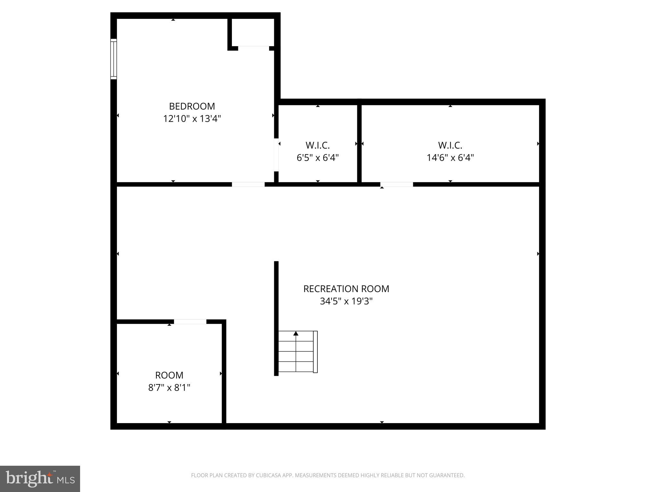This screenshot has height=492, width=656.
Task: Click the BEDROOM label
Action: tap(192, 106)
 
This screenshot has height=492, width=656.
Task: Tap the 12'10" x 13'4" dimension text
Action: tap(192, 119)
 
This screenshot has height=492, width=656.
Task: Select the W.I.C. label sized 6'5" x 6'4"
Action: tap(317, 145)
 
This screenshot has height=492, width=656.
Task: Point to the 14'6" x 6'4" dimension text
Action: tap(450, 158)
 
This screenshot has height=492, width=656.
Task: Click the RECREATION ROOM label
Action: tap(346, 289)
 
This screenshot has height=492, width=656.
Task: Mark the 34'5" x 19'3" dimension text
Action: tap(346, 301)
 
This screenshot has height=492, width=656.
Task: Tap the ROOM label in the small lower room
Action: tap(169, 375)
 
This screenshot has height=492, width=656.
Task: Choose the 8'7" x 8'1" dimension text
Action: tap(169, 388)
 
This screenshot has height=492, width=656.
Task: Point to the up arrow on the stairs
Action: tap(296, 334)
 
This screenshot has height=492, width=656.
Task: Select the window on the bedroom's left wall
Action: tap(113, 59)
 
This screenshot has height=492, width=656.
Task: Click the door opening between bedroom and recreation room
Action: tap(248, 184)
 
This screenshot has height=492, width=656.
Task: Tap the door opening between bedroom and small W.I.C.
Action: tap(276, 155)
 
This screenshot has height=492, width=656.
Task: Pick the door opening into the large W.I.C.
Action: tap(397, 184)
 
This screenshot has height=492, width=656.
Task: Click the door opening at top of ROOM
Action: tap(190, 322)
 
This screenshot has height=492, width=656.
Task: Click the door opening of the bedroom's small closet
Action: tap(253, 48)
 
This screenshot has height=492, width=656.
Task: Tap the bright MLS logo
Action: tap(40, 479)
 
